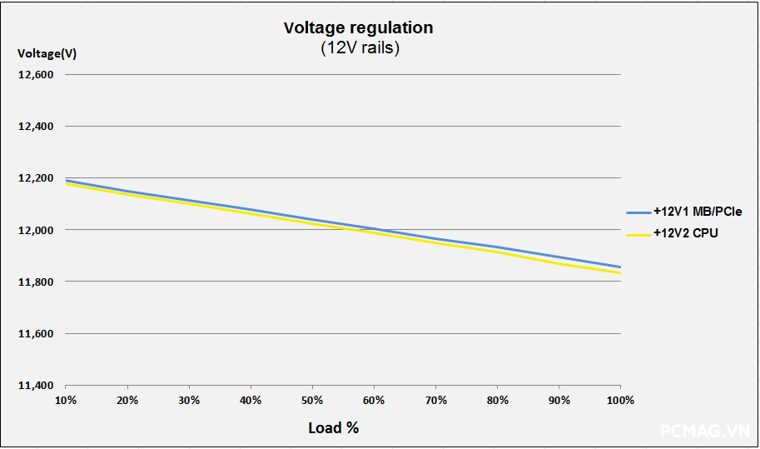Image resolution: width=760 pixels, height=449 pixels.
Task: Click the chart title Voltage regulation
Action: [358, 27]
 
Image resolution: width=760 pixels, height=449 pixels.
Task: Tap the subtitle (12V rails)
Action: [360, 48]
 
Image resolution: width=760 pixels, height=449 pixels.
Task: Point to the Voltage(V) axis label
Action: [47, 54]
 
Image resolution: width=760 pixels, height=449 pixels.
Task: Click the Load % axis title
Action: [333, 427]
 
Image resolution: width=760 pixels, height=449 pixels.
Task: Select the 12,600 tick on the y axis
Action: [36, 74]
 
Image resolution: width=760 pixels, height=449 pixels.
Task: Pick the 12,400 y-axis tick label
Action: [36, 127]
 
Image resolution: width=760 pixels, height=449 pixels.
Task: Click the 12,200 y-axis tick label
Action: [36, 178]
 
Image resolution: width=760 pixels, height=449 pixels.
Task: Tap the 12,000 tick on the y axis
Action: [36, 230]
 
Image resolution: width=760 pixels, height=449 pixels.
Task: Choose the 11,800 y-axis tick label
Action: [36, 282]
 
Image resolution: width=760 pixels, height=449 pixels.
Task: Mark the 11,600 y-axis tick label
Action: [36, 334]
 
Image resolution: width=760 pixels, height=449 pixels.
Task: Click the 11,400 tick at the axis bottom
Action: [36, 386]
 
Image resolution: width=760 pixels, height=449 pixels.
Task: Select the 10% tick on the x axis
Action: [66, 401]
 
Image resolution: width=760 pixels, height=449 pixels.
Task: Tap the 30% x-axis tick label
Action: [189, 401]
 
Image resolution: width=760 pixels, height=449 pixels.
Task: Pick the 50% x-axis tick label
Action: [312, 401]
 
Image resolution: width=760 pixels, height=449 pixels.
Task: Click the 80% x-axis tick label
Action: [497, 401]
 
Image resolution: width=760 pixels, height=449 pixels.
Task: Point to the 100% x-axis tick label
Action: [620, 401]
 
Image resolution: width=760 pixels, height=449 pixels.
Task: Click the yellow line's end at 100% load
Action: [620, 272]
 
